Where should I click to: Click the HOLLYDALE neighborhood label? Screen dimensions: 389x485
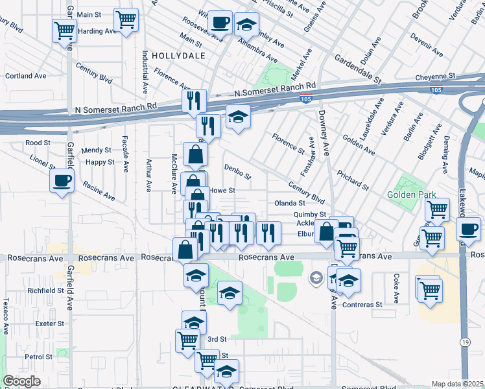[178, 56]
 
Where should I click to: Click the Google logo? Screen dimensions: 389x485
[21, 381]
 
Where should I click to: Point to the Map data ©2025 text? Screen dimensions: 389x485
[457, 384]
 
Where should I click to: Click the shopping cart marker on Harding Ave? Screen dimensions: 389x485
[64, 30]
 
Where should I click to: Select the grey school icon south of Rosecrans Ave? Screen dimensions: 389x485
[316, 278]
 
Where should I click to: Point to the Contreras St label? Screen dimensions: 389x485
[362, 305]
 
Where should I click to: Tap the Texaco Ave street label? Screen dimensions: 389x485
[5, 316]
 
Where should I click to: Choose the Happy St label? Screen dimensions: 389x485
[100, 162]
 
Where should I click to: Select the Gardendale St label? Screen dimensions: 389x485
[357, 69]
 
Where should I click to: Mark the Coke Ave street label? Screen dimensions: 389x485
[396, 288]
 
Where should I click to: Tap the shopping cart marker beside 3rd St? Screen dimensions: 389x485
[187, 338]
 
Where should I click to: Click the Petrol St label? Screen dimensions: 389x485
[38, 357]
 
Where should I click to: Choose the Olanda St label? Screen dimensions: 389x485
[289, 203]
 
